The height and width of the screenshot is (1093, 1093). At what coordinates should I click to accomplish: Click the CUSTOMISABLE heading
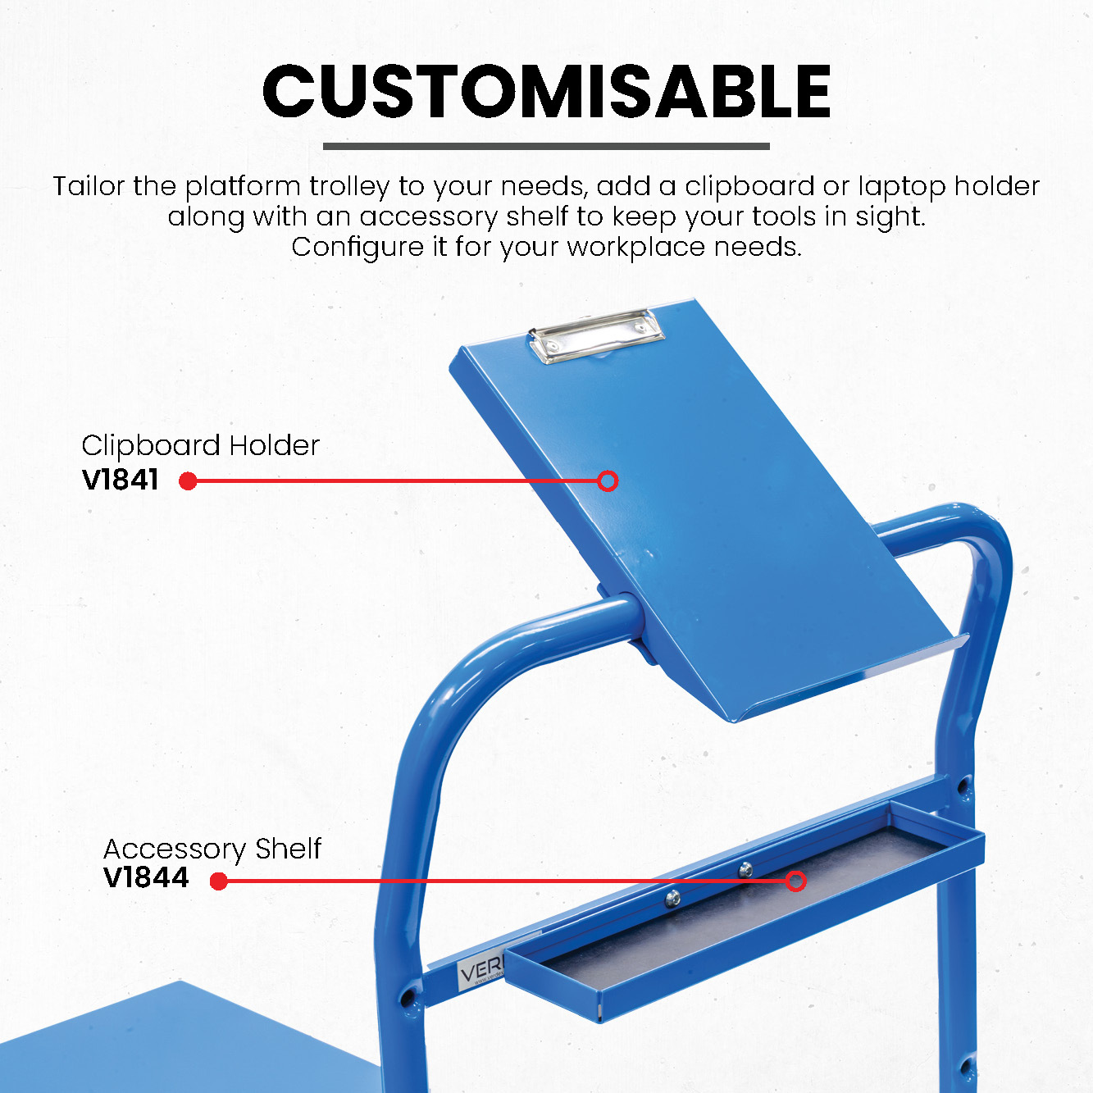click(546, 91)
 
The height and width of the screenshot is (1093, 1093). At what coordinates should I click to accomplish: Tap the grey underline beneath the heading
click(546, 146)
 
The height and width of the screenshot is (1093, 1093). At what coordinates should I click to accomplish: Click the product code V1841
click(121, 480)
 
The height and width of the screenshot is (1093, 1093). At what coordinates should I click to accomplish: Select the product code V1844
click(146, 877)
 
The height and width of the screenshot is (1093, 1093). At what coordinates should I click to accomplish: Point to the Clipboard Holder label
click(200, 445)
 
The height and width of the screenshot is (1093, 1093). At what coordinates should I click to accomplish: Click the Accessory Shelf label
click(212, 849)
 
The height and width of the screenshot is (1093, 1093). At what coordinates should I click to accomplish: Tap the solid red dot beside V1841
click(188, 481)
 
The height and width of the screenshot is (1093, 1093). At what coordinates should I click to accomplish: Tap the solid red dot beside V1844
click(218, 881)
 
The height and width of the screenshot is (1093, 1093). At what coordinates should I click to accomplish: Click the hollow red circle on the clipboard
click(608, 481)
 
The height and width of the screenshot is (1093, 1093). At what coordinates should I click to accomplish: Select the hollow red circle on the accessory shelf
click(796, 881)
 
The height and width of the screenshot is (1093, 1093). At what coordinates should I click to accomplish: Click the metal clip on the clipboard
click(596, 336)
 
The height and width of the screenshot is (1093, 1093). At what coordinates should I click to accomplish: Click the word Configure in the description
click(358, 248)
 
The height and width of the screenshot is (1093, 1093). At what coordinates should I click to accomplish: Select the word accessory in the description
click(428, 218)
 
